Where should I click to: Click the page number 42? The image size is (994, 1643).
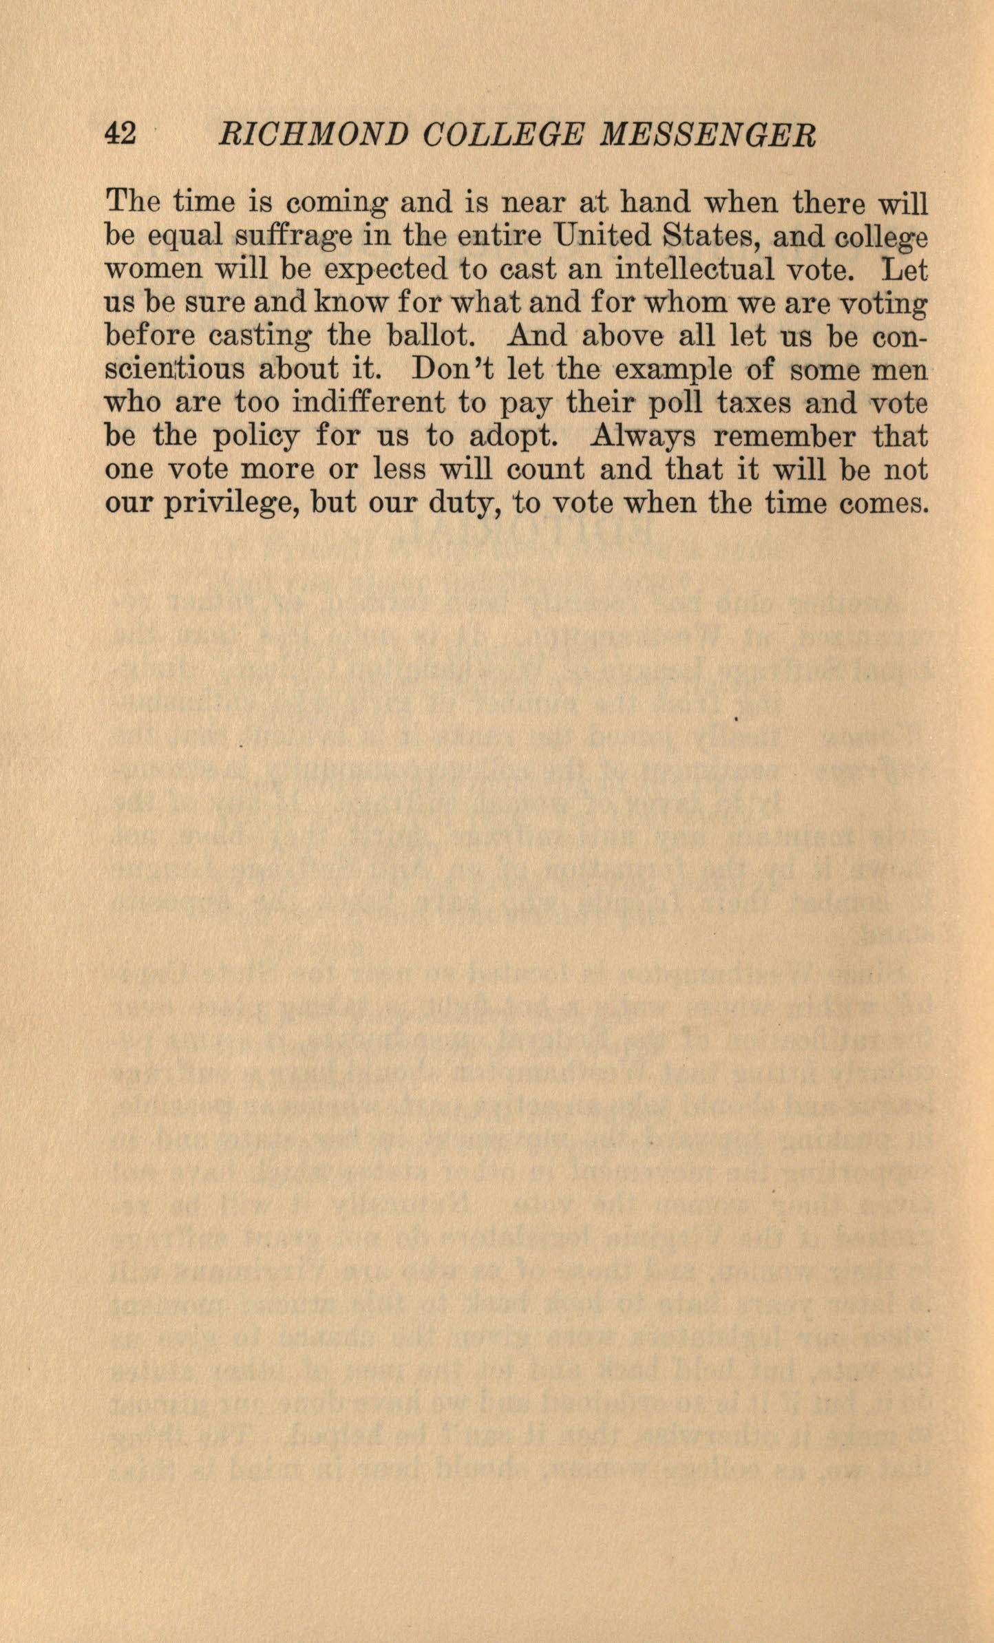click(x=120, y=134)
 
